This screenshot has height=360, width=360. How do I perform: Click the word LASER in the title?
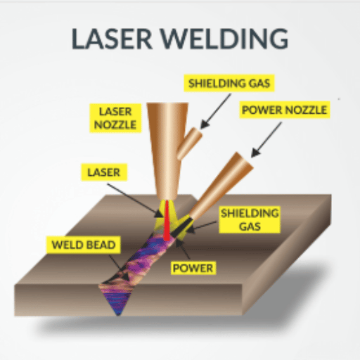[x=112, y=39]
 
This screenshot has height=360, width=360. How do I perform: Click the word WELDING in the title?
[x=224, y=39]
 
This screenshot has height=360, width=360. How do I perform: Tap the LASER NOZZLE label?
[x=115, y=118]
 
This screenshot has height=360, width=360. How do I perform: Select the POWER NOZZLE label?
[x=284, y=110]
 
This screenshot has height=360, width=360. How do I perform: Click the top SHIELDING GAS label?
[x=229, y=83]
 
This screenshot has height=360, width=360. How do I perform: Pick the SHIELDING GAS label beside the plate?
[x=250, y=219]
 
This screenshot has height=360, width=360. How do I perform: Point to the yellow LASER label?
[x=104, y=172]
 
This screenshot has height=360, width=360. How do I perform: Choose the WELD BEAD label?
[x=84, y=245]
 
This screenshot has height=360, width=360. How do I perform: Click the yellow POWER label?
[x=193, y=268]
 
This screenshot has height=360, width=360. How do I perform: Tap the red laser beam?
[x=167, y=220]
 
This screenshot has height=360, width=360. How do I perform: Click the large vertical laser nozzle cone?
[x=167, y=150]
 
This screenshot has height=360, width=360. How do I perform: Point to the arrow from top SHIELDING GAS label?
[x=216, y=111]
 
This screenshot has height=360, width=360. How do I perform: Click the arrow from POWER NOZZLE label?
[x=266, y=139]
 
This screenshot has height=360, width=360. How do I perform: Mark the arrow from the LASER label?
[x=135, y=200]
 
